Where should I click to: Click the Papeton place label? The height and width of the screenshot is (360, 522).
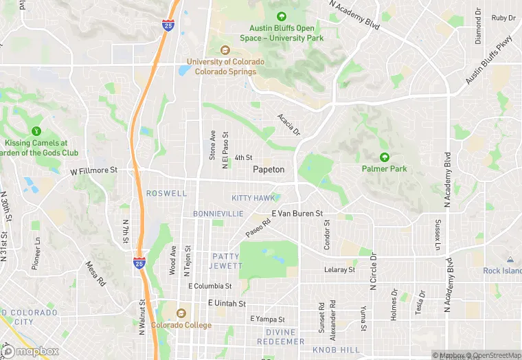tap(269, 169)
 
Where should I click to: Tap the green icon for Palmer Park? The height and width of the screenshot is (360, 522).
tap(385, 157)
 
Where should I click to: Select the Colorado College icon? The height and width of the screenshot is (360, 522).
tap(181, 313)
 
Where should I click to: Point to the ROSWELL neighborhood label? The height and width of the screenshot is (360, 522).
tap(166, 194)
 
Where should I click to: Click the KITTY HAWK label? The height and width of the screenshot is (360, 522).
tap(253, 198)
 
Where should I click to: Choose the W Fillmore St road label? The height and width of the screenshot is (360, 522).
tap(94, 170)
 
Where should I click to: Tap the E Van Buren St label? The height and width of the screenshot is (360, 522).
tap(297, 214)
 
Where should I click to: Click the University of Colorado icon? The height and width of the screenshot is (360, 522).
tap(225, 49)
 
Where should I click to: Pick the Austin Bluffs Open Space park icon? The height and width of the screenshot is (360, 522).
tap(281, 16)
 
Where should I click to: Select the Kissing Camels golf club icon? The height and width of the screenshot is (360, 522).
tap(36, 131)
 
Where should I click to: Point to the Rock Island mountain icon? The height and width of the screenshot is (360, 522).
tap(510, 259)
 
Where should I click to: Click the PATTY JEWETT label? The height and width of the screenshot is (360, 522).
tap(227, 261)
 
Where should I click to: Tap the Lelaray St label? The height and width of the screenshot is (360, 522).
tap(339, 270)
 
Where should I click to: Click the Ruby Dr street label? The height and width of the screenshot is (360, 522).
tap(503, 18)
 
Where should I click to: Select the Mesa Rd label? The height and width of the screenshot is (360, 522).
tap(95, 273)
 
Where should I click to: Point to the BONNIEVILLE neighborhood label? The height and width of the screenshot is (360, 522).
tap(218, 214)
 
